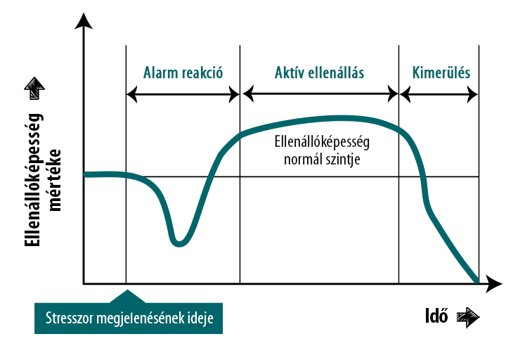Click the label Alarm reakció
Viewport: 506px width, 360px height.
click(183, 72)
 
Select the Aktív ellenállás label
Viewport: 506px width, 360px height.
click(319, 72)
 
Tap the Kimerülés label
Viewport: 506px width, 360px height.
click(441, 72)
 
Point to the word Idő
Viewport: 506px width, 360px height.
click(436, 316)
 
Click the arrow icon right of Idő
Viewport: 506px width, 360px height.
click(468, 317)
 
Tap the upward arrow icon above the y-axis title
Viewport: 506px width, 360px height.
click(34, 88)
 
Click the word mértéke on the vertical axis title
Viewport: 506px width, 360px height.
click(54, 180)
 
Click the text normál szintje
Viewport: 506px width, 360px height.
click(322, 160)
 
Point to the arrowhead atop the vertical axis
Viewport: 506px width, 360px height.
click(84, 20)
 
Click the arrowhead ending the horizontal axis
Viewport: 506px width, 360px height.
click(494, 284)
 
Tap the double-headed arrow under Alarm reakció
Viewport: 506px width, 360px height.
click(183, 95)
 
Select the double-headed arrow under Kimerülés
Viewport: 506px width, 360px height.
click(439, 95)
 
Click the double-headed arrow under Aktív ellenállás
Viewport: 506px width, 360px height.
click(320, 95)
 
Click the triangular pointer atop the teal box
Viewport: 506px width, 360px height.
click(127, 297)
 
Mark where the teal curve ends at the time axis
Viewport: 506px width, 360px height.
click(477, 281)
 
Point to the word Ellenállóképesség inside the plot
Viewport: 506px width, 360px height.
click(322, 142)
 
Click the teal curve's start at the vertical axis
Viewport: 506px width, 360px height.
click(86, 174)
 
